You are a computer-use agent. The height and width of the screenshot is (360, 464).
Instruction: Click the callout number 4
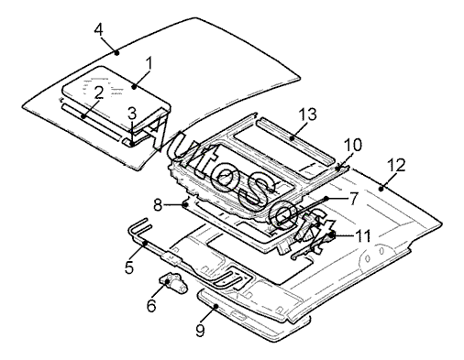click(x=99, y=30)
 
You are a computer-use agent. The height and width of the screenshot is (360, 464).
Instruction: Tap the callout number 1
click(x=149, y=64)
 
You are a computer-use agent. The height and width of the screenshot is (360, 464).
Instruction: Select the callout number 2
click(x=98, y=93)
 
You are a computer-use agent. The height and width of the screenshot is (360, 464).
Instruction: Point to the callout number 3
click(x=132, y=114)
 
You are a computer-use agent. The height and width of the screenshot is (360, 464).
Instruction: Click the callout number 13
click(x=307, y=115)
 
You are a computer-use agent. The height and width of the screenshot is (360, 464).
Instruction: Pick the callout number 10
click(x=353, y=145)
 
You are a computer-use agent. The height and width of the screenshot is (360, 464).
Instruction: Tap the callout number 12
click(x=396, y=165)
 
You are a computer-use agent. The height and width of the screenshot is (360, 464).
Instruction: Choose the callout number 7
click(x=353, y=199)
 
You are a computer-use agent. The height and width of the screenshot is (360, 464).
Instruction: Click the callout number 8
click(x=158, y=205)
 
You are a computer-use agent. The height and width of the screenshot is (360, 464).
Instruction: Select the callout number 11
click(x=362, y=236)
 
